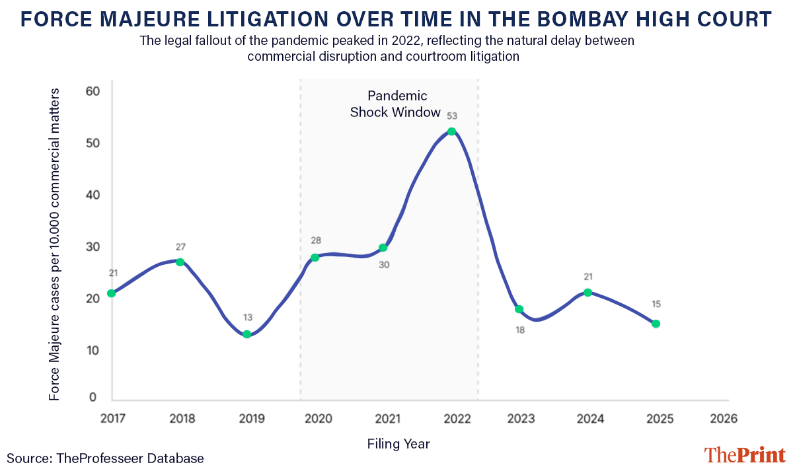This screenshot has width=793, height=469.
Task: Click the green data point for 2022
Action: pyautogui.click(x=451, y=131)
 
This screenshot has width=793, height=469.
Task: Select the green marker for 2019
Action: pyautogui.click(x=247, y=334)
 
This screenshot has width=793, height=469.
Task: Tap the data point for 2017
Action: pyautogui.click(x=112, y=293)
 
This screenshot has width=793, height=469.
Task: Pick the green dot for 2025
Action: pyautogui.click(x=656, y=324)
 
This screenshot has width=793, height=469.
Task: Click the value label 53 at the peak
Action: pyautogui.click(x=451, y=116)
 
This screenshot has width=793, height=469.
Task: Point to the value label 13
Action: pyautogui.click(x=247, y=318)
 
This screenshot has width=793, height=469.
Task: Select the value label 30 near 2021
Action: pyautogui.click(x=385, y=266)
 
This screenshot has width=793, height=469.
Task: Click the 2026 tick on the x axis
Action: pyautogui.click(x=724, y=419)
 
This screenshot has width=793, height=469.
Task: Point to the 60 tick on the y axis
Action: pyautogui.click(x=93, y=91)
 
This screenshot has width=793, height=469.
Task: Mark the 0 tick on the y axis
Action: pyautogui.click(x=93, y=398)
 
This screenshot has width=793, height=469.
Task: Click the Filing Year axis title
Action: pyautogui.click(x=398, y=444)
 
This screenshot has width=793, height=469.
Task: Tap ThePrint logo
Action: pyautogui.click(x=744, y=455)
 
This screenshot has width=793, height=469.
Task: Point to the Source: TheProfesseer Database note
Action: pyautogui.click(x=106, y=458)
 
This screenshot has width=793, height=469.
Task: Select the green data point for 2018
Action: pyautogui.click(x=180, y=262)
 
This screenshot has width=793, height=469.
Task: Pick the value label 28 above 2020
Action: pyautogui.click(x=316, y=240)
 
